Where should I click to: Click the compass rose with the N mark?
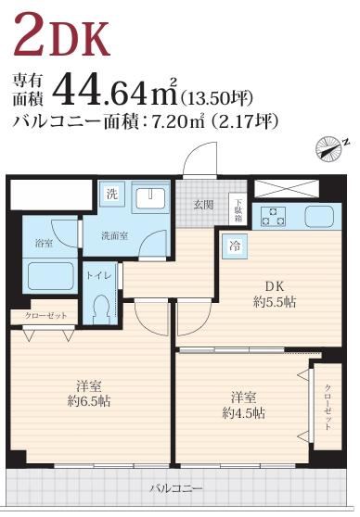pyautogui.click(x=329, y=149)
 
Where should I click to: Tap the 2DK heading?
pyautogui.click(x=61, y=34)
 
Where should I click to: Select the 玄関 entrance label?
pyautogui.click(x=203, y=206)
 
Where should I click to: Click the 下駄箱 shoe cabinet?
pyautogui.click(x=238, y=209)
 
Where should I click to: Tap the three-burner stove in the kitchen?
pyautogui.click(x=274, y=216)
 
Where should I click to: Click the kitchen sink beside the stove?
pyautogui.click(x=319, y=216)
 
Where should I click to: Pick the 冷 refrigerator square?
pyautogui.click(x=235, y=246)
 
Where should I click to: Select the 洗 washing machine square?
pyautogui.click(x=112, y=195)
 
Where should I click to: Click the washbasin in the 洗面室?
pyautogui.click(x=150, y=198)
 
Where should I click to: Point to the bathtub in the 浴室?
pyautogui.click(x=50, y=276)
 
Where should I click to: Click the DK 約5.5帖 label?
pyautogui.click(x=275, y=294)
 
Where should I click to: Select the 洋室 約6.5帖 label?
pyautogui.click(x=89, y=393)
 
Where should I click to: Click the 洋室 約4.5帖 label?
pyautogui.click(x=244, y=405)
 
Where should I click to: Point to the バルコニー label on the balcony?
pyautogui.click(x=175, y=488)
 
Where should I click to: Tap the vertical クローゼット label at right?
pyautogui.click(x=328, y=407)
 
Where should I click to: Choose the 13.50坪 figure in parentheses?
pyautogui.click(x=217, y=97)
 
